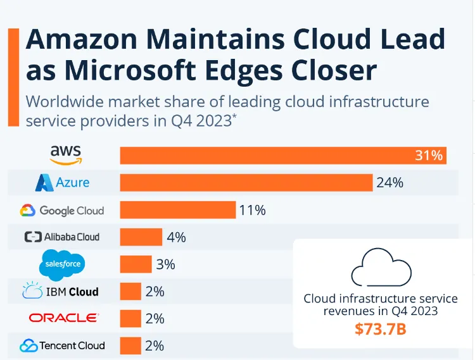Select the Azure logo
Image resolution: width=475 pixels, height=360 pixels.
click(62, 183)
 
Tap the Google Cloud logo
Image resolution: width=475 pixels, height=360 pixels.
click(62, 210)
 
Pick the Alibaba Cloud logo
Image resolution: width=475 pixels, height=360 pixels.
click(62, 237)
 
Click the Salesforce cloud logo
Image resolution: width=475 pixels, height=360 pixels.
click(61, 264)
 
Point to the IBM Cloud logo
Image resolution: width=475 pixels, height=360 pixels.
click(61, 292)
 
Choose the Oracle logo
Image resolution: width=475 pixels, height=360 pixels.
click(63, 318)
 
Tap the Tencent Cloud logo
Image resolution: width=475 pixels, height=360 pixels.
click(62, 345)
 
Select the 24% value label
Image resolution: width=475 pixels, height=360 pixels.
click(390, 183)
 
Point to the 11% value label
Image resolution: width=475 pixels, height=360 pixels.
click(252, 210)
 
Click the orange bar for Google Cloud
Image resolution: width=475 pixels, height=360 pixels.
click(177, 210)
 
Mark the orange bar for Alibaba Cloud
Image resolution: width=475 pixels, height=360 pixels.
click(141, 237)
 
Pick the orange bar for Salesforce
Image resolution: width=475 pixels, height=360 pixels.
click(136, 264)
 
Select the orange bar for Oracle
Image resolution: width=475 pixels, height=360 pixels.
click(130, 318)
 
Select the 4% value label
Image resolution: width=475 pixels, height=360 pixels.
click(176, 237)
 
